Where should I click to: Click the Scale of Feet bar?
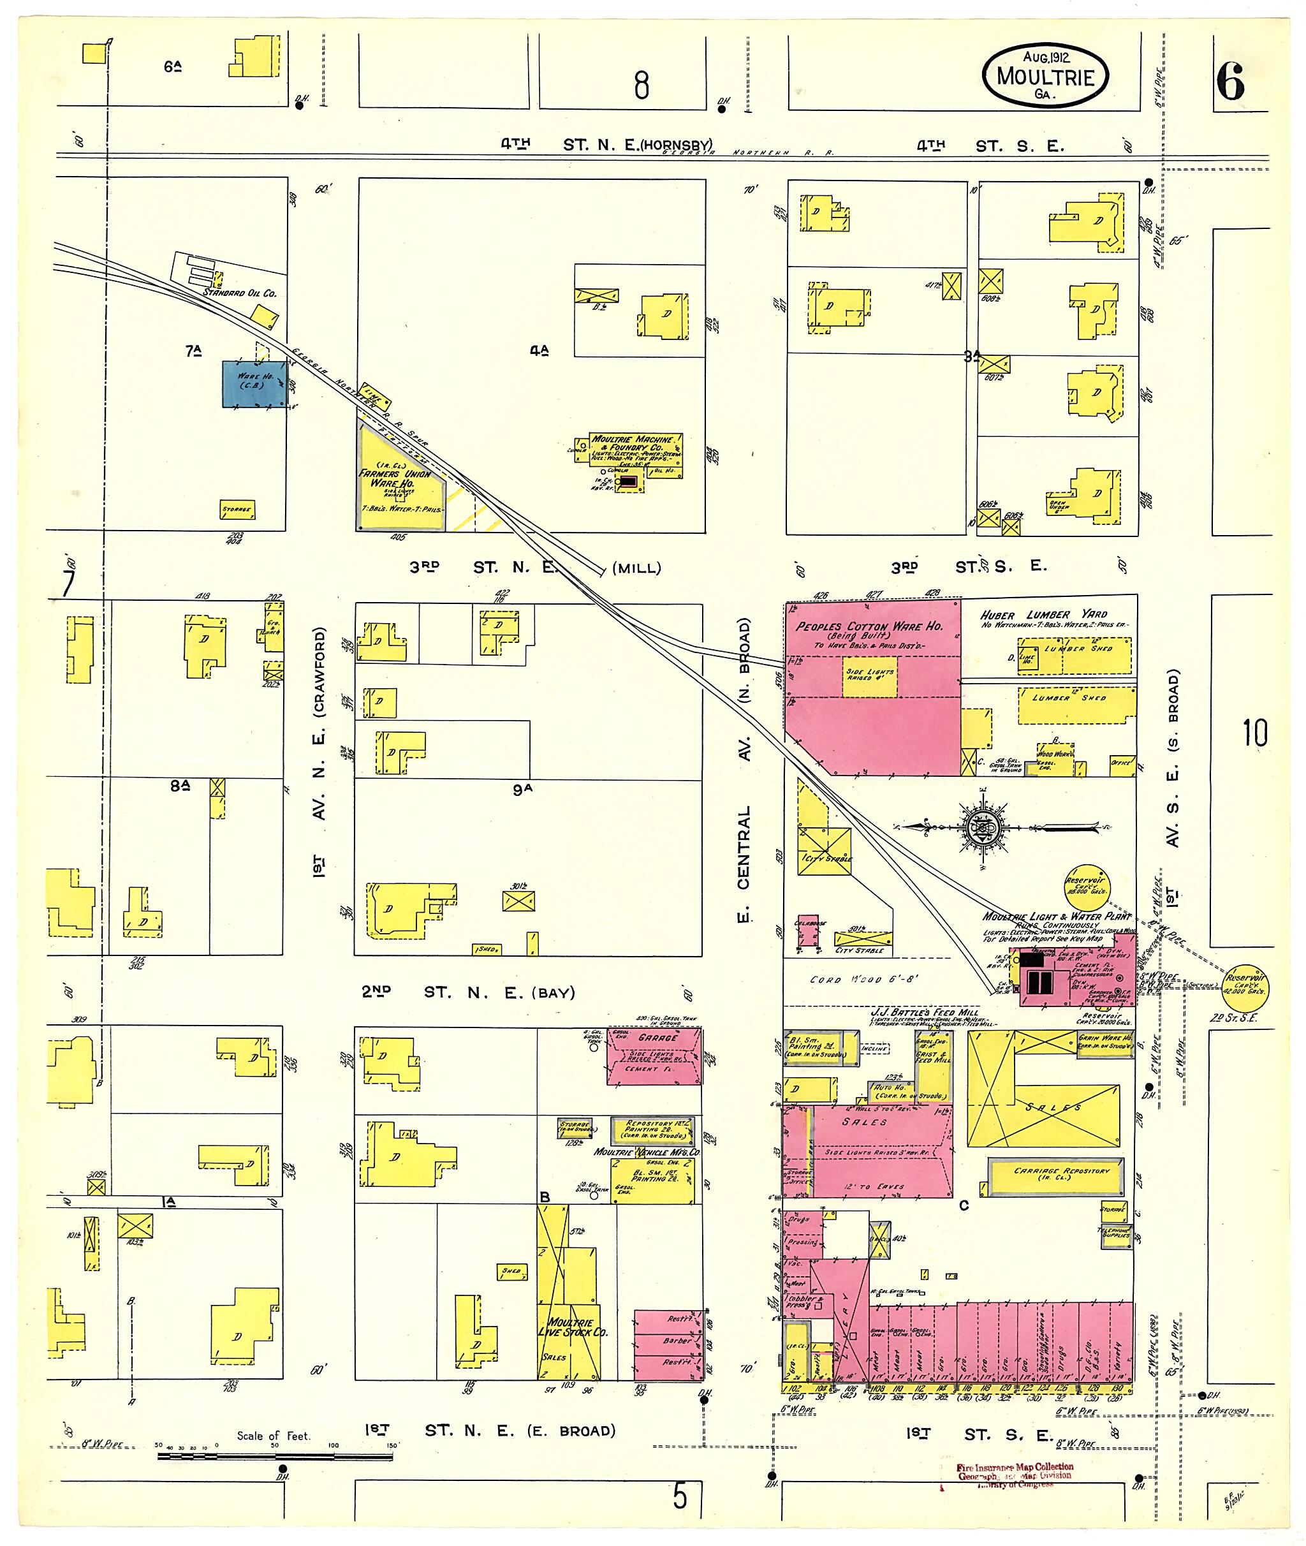275,1457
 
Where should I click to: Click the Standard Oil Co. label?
239,293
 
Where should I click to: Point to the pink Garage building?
654,1056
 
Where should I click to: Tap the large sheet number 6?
1231,82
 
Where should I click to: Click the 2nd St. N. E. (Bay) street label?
468,992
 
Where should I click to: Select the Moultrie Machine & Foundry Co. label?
634,443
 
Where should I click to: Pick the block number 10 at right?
1255,732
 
